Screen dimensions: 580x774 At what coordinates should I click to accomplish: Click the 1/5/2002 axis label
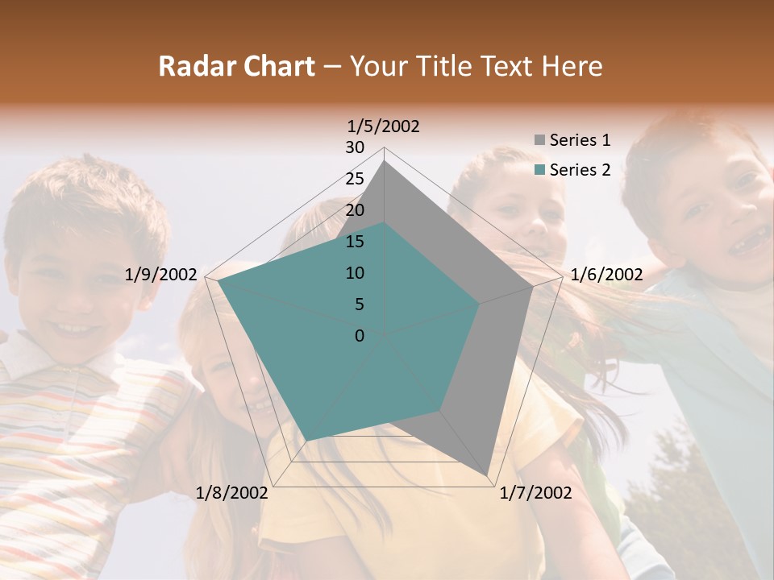[384, 126]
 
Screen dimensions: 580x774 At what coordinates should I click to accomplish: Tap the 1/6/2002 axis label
[606, 275]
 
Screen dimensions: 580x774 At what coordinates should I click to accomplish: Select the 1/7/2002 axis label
[535, 493]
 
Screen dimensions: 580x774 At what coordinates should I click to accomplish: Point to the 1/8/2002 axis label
[231, 493]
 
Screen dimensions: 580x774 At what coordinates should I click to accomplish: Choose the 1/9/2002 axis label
[161, 275]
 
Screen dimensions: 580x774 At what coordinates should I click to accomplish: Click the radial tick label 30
[355, 147]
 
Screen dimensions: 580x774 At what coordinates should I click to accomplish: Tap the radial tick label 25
[355, 179]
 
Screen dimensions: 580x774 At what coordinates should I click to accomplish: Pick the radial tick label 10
[355, 273]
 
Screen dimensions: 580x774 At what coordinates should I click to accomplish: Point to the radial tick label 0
[360, 336]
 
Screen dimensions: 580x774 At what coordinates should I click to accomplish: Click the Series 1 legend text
[580, 140]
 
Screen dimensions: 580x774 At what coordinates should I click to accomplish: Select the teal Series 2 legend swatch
[540, 170]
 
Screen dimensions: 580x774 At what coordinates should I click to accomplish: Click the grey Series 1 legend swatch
[540, 141]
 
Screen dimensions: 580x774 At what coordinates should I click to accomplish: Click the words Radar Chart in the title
[236, 67]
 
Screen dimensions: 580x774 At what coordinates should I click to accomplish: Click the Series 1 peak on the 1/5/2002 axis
[385, 161]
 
